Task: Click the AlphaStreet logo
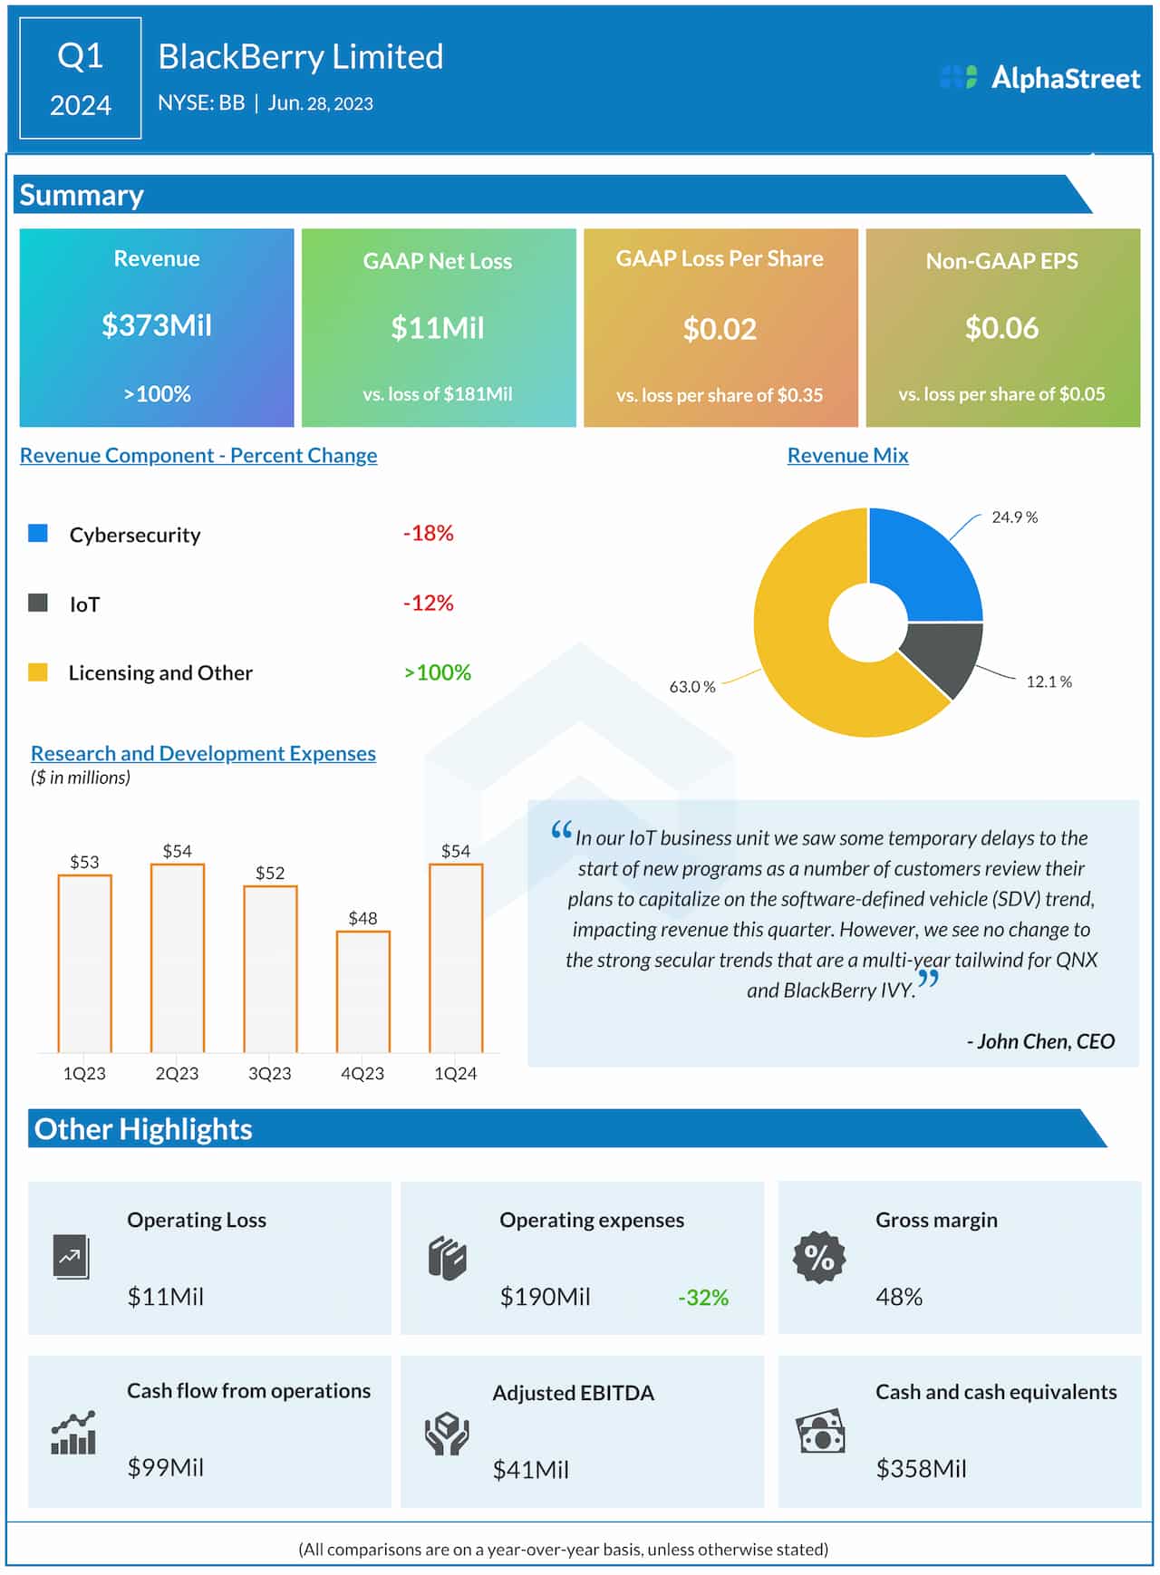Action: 1039,78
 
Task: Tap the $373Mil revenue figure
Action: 157,325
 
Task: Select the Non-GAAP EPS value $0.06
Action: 1001,328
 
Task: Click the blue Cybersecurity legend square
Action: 38,533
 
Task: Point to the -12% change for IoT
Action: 428,603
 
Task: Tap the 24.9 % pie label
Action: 1014,517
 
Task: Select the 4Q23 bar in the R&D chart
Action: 362,991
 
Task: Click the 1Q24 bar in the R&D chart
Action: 456,958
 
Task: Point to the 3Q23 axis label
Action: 269,1074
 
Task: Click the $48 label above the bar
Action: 362,918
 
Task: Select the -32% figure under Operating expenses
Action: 703,1298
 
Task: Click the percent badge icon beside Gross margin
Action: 819,1257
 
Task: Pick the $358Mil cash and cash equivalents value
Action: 921,1468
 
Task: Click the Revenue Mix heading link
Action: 847,456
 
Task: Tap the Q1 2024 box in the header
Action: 81,79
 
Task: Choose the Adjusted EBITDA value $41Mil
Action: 530,1470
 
